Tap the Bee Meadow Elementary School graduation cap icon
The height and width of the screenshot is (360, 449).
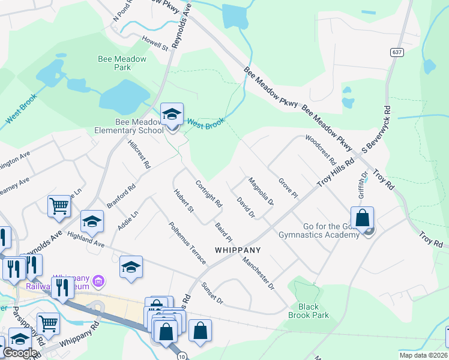coord(172,113)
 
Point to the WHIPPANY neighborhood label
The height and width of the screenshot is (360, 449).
coord(238,250)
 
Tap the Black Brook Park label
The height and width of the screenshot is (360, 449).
coord(309,311)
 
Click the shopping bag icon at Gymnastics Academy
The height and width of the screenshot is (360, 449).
coord(363,218)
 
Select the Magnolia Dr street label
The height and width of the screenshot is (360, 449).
coord(261,193)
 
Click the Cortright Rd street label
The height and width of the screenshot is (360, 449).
coord(209,194)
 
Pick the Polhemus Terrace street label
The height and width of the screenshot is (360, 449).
coord(188,243)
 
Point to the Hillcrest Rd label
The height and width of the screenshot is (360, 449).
coord(139,154)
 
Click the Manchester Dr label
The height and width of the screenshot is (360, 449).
coord(258,274)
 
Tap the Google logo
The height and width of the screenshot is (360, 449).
coord(20,353)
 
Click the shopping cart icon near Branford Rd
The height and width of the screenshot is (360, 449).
coord(59,206)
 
